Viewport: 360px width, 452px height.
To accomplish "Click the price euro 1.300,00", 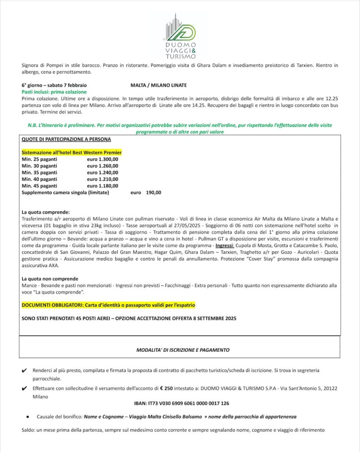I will pyautogui.click(x=102, y=159).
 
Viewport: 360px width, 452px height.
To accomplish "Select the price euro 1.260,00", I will pyautogui.click(x=102, y=166).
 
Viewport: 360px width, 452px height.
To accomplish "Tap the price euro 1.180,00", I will pyautogui.click(x=102, y=186).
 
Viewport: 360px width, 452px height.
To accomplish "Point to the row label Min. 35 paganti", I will pyautogui.click(x=39, y=173).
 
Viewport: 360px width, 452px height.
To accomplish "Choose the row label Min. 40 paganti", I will pyautogui.click(x=39, y=179).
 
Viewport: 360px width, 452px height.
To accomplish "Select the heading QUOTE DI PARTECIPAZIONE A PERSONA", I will pyautogui.click(x=66, y=139).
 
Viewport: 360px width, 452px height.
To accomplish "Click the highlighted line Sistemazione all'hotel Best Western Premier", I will pyautogui.click(x=72, y=152).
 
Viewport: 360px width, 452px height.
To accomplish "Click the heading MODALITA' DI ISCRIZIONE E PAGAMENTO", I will pyautogui.click(x=183, y=350).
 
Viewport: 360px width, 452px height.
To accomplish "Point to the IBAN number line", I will pyautogui.click(x=181, y=403).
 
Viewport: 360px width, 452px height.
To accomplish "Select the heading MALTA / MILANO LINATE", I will pyautogui.click(x=159, y=85).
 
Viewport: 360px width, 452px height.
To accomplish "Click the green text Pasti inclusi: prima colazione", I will pyautogui.click(x=54, y=91).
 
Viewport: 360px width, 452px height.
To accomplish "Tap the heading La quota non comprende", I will pyautogui.click(x=50, y=279).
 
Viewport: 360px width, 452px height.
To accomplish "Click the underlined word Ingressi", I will pyautogui.click(x=224, y=245).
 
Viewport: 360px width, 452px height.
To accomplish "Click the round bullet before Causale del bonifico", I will pyautogui.click(x=27, y=417).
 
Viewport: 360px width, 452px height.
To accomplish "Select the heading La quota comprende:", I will pyautogui.click(x=45, y=212).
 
